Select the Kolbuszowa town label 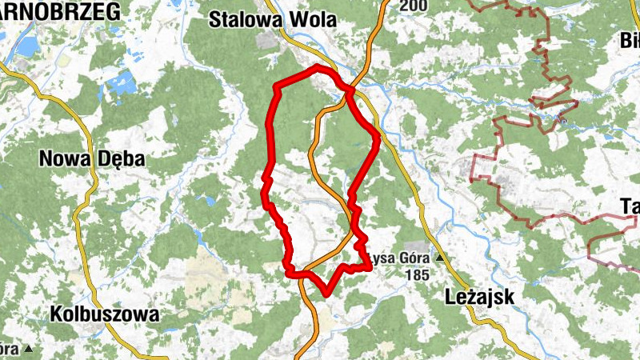pyautogui.click(x=104, y=314)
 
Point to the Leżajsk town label pyautogui.click(x=478, y=297)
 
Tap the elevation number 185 pyautogui.click(x=417, y=274)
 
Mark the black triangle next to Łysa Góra pyautogui.click(x=439, y=258)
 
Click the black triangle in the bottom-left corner pyautogui.click(x=29, y=349)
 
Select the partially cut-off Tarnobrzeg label pyautogui.click(x=60, y=10)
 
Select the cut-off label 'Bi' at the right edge pyautogui.click(x=630, y=40)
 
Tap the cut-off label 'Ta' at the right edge pyautogui.click(x=629, y=206)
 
